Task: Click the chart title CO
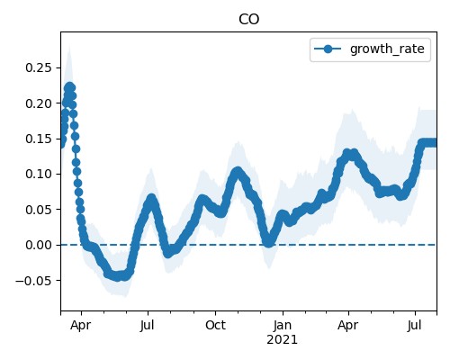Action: click(248, 20)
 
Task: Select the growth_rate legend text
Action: click(387, 49)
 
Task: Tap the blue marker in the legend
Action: click(328, 49)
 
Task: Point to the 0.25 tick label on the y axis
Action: click(39, 67)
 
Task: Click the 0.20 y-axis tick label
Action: click(39, 103)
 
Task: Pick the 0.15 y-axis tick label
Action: click(39, 139)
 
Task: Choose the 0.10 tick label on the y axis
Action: click(39, 174)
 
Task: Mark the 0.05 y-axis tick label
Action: click(39, 210)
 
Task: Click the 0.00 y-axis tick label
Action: click(39, 245)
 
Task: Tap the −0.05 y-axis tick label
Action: click(33, 281)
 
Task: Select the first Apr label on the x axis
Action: click(80, 326)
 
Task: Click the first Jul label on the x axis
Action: click(147, 325)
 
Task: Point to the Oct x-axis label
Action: click(215, 325)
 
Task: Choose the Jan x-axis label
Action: click(283, 325)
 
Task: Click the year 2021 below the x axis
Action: click(282, 340)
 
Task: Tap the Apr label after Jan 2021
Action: click(348, 326)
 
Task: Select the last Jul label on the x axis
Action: click(415, 325)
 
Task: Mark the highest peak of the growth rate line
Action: click(69, 86)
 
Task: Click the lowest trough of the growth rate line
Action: click(118, 276)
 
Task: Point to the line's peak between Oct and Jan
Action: click(238, 171)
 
